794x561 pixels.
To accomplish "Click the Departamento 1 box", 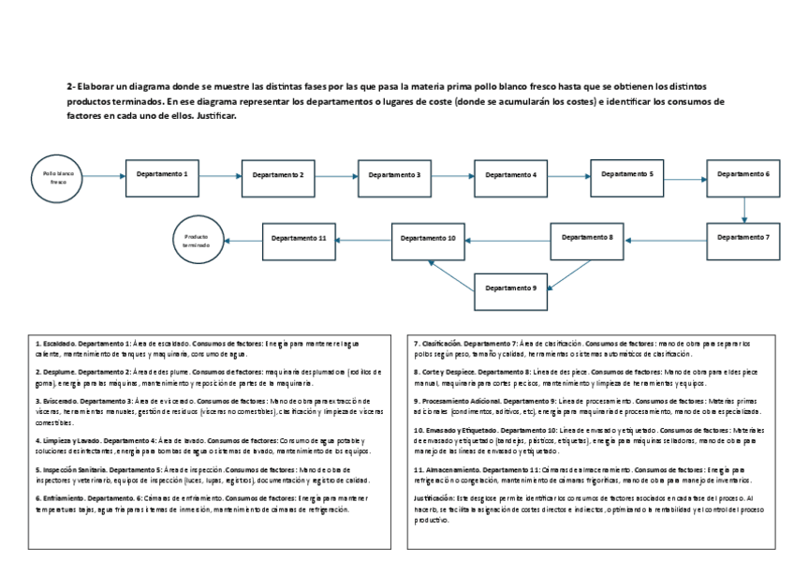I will (x=162, y=175).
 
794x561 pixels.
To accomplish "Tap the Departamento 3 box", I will (x=393, y=175).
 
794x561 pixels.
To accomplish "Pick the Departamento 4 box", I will (x=510, y=175).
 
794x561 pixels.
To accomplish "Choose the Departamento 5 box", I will (x=626, y=175).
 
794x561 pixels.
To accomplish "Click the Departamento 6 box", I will (x=743, y=175).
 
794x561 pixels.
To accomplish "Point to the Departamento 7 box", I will (x=743, y=239).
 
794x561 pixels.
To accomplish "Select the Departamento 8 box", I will (x=587, y=239).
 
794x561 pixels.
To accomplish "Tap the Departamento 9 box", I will (x=509, y=289).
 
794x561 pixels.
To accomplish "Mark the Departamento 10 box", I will (x=428, y=240).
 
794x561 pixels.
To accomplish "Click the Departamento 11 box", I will (x=298, y=240).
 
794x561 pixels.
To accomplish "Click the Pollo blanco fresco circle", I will (x=59, y=177).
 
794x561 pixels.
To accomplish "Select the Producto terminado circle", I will (x=198, y=239).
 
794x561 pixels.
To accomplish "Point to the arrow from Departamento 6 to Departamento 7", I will (x=743, y=209).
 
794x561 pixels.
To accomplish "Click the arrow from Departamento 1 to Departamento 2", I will (x=220, y=175).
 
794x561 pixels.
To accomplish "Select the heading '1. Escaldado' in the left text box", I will (x=54, y=344).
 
